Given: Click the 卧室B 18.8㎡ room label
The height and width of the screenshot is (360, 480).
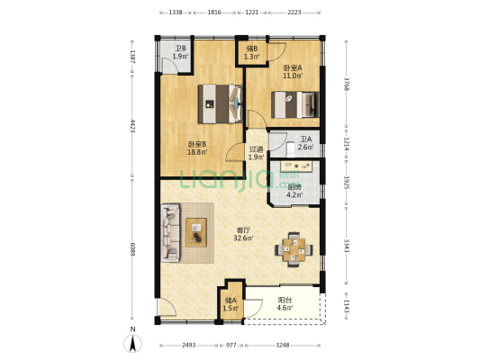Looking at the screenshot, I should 197,148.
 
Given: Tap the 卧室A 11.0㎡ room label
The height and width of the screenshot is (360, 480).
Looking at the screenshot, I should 292,72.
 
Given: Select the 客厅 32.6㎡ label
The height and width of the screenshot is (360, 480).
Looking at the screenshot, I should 243,234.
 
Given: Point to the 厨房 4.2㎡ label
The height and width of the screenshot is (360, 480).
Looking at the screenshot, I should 294,191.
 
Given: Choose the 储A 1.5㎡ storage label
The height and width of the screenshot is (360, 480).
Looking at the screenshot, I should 231,305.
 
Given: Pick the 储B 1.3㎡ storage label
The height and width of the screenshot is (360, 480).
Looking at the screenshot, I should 252,52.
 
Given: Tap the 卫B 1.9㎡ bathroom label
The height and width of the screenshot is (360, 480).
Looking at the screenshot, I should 180,52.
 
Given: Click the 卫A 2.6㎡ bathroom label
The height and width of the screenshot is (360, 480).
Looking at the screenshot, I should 305,143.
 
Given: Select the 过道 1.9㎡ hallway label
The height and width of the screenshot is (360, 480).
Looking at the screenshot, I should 256,153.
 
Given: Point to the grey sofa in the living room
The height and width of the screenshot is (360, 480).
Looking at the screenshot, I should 171,233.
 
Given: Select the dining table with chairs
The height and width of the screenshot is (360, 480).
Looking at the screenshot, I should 294,248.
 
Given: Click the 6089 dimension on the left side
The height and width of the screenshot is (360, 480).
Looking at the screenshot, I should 132,248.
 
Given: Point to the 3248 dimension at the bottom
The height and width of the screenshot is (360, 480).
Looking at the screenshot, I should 283,346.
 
